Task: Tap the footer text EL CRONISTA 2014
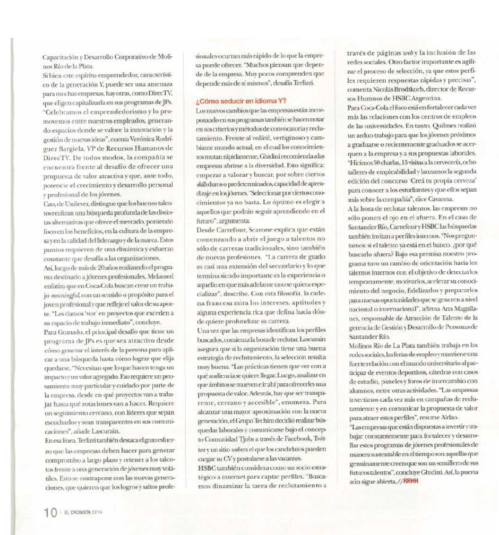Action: [x=83, y=513]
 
